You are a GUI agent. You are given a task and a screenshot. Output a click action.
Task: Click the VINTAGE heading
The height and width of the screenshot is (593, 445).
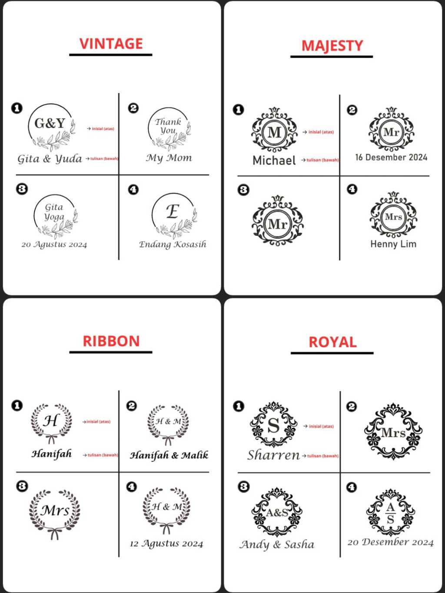tap(111, 44)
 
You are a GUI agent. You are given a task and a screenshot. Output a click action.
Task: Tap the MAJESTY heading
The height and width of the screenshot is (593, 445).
tap(332, 46)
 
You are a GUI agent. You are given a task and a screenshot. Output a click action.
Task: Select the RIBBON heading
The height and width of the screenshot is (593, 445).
tap(111, 341)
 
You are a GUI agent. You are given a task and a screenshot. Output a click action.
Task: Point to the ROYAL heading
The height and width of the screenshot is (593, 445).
tap(332, 342)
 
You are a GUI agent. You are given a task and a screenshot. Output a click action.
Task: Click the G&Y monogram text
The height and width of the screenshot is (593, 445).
tap(50, 123)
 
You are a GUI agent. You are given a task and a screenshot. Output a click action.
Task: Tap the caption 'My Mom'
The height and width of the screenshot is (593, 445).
tap(169, 158)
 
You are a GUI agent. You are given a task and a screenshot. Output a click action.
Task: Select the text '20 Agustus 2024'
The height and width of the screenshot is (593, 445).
tap(54, 245)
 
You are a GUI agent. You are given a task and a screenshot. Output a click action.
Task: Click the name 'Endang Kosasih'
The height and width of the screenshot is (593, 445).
tap(173, 244)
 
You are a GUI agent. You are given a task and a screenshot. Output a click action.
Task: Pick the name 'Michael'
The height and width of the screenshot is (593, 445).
tap(274, 160)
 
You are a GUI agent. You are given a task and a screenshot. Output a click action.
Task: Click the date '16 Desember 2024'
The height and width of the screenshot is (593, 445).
tap(391, 157)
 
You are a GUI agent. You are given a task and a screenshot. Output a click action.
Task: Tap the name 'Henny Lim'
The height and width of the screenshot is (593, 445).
tap(393, 244)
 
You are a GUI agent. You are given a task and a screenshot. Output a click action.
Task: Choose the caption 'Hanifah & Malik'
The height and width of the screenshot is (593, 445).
tap(169, 455)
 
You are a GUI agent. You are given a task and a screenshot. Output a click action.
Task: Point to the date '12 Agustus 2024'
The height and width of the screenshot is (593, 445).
tap(166, 543)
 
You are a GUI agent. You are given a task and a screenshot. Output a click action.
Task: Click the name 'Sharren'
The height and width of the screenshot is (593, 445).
tap(273, 455)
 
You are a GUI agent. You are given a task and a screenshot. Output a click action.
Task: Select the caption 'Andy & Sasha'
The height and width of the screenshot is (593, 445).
tap(277, 544)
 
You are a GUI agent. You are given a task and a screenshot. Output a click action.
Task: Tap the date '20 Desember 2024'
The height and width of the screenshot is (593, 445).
tap(390, 542)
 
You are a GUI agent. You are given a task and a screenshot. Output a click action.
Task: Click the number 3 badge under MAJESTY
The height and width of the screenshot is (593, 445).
tap(243, 190)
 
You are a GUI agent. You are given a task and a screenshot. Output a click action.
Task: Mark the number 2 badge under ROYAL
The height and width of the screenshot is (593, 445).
tap(352, 407)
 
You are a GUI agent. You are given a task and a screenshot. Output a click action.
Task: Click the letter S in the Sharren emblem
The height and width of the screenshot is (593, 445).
tap(273, 425)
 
